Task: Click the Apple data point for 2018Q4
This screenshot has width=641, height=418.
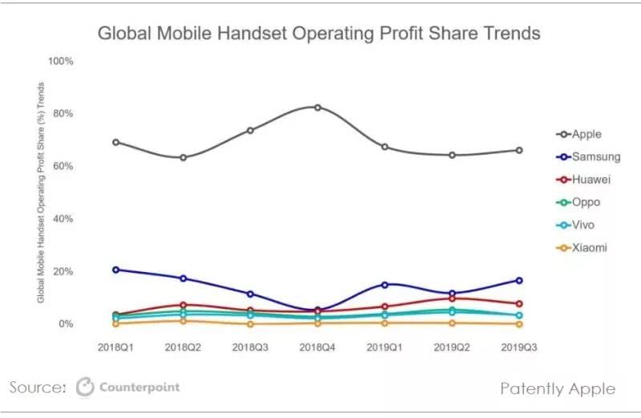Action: [317, 108]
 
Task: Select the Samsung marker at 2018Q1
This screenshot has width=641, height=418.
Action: [116, 270]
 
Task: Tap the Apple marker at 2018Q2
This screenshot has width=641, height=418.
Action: [183, 157]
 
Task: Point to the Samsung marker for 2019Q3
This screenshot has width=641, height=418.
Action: [519, 280]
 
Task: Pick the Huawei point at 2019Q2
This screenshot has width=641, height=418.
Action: [452, 298]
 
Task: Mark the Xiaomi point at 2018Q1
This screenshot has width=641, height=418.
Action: [116, 323]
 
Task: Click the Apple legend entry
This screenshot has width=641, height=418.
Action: [579, 135]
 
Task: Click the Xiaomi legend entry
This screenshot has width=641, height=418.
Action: [582, 248]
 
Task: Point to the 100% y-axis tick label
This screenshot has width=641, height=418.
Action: [62, 61]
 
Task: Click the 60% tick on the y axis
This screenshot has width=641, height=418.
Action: [64, 166]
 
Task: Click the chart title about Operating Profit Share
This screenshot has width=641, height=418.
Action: [319, 34]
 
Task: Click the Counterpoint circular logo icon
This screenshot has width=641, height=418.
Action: [85, 388]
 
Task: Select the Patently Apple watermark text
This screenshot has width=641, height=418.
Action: [558, 388]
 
